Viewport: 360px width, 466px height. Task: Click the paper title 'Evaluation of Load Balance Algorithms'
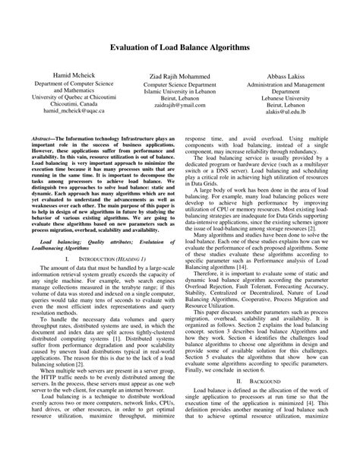tap(180, 46)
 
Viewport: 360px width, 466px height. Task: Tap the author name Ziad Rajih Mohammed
tap(180, 78)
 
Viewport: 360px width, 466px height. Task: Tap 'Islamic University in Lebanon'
tap(180, 96)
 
